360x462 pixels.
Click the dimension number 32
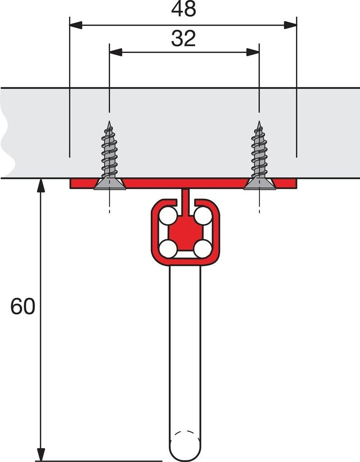tap(184, 39)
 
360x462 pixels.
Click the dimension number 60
tap(23, 307)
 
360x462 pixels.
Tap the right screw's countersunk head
tap(259, 184)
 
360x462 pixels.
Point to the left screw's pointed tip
tap(109, 122)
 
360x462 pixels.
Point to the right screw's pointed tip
tap(259, 122)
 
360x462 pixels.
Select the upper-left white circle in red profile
tap(169, 217)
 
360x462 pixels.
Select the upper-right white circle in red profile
tap(202, 217)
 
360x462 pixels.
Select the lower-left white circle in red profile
tap(169, 249)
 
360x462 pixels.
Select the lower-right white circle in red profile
tap(202, 249)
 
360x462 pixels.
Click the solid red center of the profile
tap(185, 233)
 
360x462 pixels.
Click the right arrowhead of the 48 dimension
tap(291, 25)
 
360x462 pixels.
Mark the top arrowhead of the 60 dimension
tap(41, 185)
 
